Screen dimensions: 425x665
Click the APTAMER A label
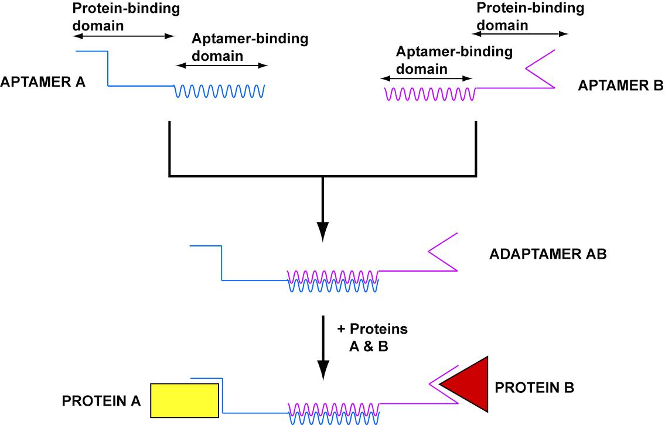coord(43,82)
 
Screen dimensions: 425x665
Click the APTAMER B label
coord(620,85)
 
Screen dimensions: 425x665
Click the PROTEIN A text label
coord(101,401)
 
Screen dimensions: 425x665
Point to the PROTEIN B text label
coord(534,388)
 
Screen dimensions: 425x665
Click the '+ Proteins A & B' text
coord(373,338)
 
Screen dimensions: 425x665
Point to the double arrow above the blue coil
coord(221,66)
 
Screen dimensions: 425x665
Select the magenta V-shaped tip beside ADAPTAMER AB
coord(442,252)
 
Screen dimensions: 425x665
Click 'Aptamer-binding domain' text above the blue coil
coord(250,47)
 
